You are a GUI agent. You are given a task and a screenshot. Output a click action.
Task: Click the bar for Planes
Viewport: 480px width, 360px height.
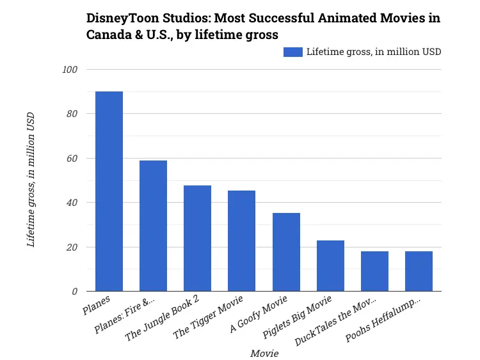[x=109, y=192]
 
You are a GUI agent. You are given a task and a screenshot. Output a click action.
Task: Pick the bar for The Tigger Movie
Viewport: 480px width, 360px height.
[x=241, y=241]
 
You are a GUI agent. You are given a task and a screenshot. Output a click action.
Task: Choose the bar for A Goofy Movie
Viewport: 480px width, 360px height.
[x=286, y=252]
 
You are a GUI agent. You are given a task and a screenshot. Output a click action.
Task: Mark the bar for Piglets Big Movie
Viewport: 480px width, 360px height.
[x=330, y=266]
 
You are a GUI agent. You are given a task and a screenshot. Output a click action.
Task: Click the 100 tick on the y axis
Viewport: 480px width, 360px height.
[x=69, y=70]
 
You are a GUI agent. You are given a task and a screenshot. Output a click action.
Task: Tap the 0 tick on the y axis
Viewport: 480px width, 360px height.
[x=75, y=292]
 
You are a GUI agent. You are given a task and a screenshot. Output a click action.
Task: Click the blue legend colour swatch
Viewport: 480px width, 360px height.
[x=292, y=52]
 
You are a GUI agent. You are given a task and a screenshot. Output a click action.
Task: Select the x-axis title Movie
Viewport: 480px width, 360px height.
[x=264, y=353]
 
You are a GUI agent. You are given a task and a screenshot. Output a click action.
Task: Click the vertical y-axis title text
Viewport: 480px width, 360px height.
[x=31, y=180]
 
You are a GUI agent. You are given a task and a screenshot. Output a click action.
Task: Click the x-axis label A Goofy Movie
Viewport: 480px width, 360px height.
[x=264, y=313]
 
